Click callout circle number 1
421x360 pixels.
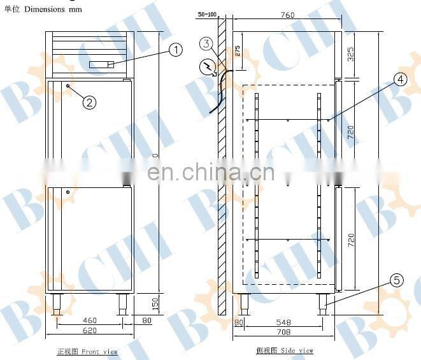click(175, 49)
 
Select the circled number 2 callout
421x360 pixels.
click(90, 101)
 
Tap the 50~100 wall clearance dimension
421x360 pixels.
click(207, 14)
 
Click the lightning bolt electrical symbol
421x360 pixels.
click(208, 66)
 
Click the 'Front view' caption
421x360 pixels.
click(87, 351)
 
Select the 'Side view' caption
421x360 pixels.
click(285, 351)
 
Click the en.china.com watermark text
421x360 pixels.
click(210, 172)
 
